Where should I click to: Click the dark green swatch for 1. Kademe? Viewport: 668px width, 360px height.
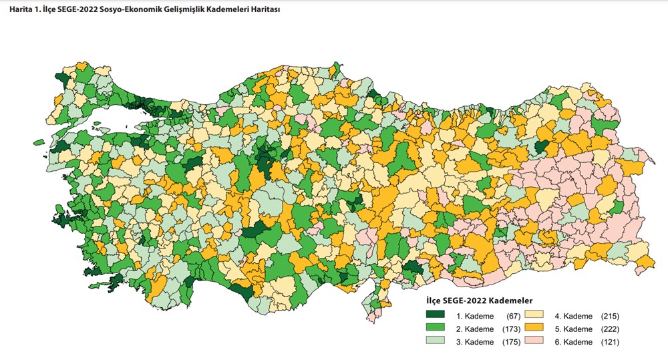click(436, 315)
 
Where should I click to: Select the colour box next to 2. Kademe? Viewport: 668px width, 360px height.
click(436, 329)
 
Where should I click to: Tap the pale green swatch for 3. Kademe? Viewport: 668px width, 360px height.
click(436, 342)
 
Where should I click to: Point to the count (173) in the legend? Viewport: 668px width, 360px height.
click(510, 329)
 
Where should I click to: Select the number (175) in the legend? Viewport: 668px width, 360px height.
click(510, 342)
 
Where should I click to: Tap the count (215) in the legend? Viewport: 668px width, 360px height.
click(611, 315)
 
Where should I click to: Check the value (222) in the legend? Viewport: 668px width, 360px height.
click(611, 329)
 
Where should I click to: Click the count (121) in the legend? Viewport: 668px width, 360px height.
click(611, 342)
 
